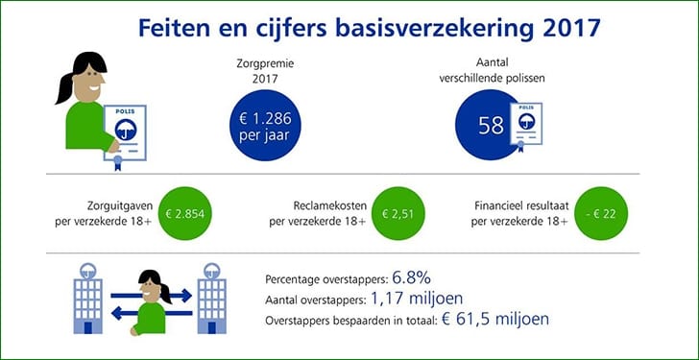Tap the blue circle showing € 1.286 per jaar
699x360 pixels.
[x=265, y=125]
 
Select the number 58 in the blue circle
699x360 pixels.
[x=491, y=126]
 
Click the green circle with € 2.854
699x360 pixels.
[x=185, y=213]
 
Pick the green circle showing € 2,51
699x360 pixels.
[x=398, y=213]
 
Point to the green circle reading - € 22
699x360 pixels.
[x=601, y=213]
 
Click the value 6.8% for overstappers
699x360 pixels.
[x=412, y=278]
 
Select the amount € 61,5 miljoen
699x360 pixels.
[x=495, y=319]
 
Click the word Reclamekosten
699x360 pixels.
[x=330, y=205]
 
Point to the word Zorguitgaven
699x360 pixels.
[x=119, y=205]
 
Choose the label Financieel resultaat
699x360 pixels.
[x=521, y=205]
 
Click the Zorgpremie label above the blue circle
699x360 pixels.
[x=265, y=63]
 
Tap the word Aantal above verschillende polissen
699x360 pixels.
[x=492, y=63]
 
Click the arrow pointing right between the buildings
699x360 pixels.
[x=151, y=295]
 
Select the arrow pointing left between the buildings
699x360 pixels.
[x=152, y=313]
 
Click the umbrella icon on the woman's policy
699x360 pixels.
[x=125, y=130]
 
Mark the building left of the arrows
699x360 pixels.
[x=87, y=298]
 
